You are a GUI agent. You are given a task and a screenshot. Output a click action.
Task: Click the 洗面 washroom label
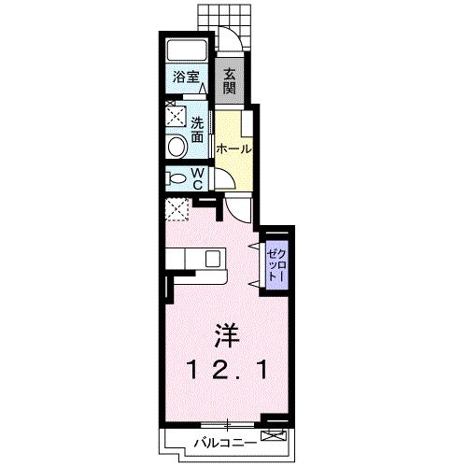tap(198, 130)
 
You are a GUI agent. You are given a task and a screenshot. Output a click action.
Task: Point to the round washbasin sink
tap(176, 147)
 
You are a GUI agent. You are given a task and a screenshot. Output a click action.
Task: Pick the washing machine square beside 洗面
tap(176, 116)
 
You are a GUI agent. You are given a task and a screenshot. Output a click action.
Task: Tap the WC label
tap(199, 178)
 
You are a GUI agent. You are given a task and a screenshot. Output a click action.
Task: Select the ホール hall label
tap(233, 149)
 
